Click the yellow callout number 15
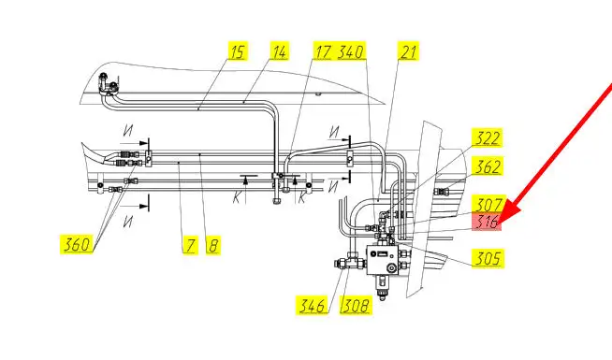[x=238, y=51]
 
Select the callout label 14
[x=279, y=51]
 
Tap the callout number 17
[x=323, y=51]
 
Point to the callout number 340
[x=351, y=51]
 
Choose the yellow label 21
[x=408, y=51]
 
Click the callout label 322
[x=488, y=137]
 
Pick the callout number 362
[x=488, y=166]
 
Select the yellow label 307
[x=488, y=204]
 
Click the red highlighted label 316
[x=487, y=222]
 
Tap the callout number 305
[x=488, y=258]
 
